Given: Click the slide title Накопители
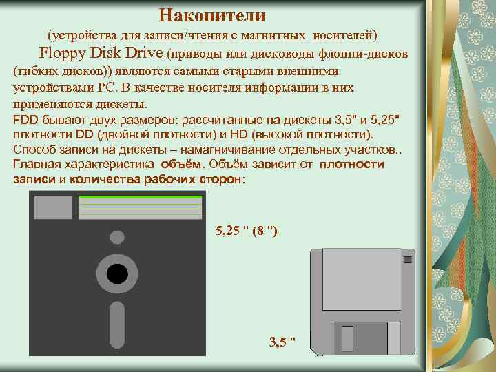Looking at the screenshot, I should pyautogui.click(x=211, y=14).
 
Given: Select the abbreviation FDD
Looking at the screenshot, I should pyautogui.click(x=25, y=120).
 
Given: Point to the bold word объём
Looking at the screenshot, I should pyautogui.click(x=183, y=164).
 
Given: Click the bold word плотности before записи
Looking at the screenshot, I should pyautogui.click(x=351, y=164).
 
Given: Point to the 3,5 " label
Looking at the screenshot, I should pyautogui.click(x=282, y=340).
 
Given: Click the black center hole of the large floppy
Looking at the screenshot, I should pyautogui.click(x=117, y=274).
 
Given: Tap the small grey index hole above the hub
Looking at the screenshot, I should pyautogui.click(x=117, y=238).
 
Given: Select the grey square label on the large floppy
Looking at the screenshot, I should pyautogui.click(x=53, y=207).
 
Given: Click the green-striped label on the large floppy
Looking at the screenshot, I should pyautogui.click(x=141, y=207).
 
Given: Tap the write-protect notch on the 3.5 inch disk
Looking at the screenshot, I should pyautogui.click(x=407, y=260).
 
